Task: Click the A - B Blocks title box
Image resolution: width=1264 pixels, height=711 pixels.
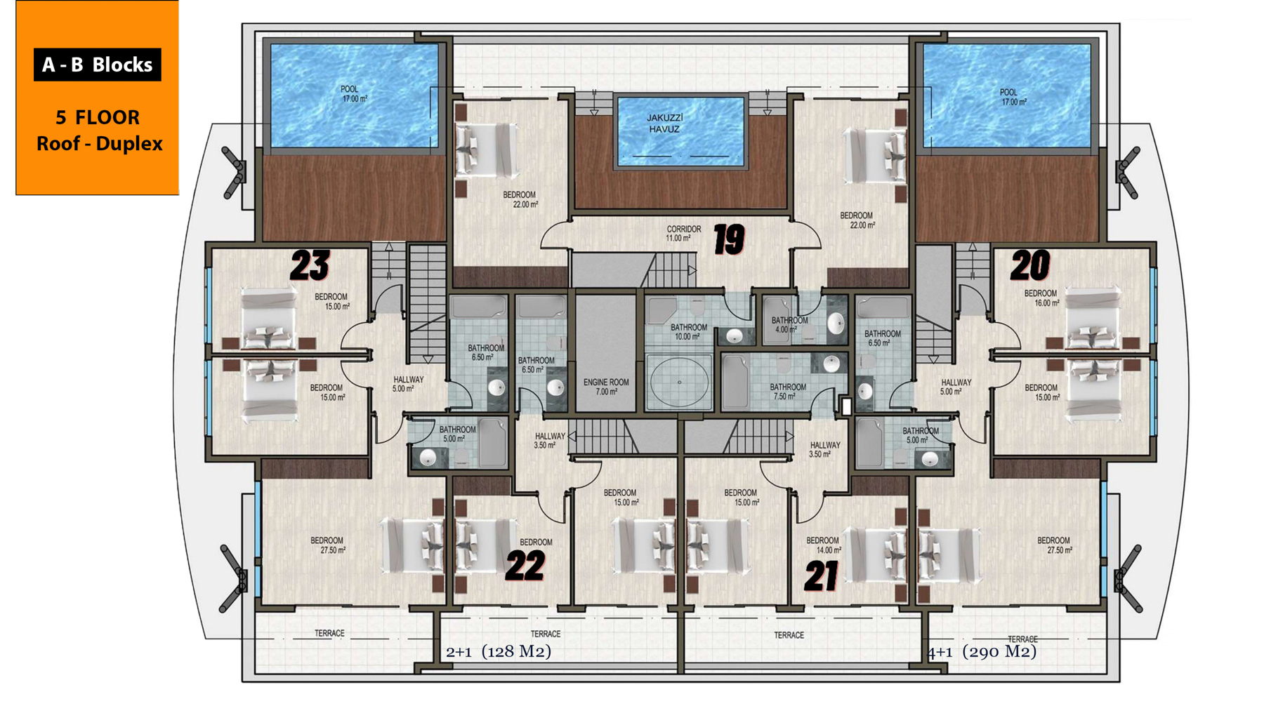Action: [98, 65]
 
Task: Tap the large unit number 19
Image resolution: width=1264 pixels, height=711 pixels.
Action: [729, 240]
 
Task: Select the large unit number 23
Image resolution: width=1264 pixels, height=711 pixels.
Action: [310, 266]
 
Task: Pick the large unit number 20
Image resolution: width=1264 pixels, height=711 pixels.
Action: [1030, 266]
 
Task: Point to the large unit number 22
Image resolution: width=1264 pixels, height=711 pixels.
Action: [525, 566]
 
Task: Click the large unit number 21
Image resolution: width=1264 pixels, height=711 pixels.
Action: [822, 576]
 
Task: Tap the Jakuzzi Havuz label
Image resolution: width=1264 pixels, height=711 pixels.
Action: [664, 124]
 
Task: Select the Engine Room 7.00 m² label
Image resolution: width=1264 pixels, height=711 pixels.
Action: [606, 387]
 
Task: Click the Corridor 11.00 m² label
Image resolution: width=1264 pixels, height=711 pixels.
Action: [683, 234]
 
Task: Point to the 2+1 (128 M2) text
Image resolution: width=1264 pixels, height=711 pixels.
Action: [499, 651]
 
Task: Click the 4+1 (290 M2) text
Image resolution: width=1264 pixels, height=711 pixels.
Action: [982, 651]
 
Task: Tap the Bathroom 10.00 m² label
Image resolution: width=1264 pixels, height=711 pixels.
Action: [688, 332]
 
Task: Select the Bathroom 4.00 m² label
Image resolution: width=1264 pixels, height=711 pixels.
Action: [789, 325]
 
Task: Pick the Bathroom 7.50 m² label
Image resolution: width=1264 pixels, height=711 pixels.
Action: [787, 392]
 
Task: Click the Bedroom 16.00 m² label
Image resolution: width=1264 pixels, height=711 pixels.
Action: [1041, 298]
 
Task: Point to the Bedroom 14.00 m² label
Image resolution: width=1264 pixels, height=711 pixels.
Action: [823, 545]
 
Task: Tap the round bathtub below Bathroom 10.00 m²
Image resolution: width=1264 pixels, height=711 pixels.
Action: [679, 382]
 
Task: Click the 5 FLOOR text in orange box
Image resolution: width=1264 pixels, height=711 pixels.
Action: [98, 117]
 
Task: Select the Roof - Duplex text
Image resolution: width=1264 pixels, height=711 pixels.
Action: [99, 143]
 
